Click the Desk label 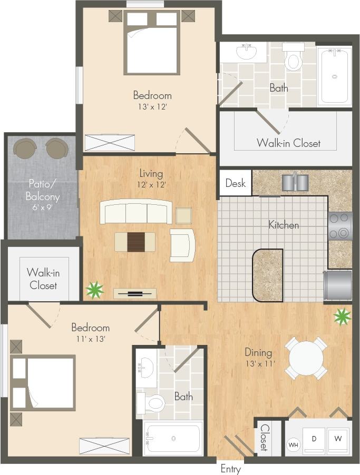coord(235,183)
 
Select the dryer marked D coord(314,439)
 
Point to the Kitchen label coord(284,225)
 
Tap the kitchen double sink coord(295,182)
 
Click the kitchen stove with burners coord(340,226)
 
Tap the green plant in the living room coord(95,290)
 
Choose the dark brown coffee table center coord(135,242)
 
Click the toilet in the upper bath coord(293,58)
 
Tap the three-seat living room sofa coord(136,212)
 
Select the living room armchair coord(182,245)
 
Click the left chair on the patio coord(24,147)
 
